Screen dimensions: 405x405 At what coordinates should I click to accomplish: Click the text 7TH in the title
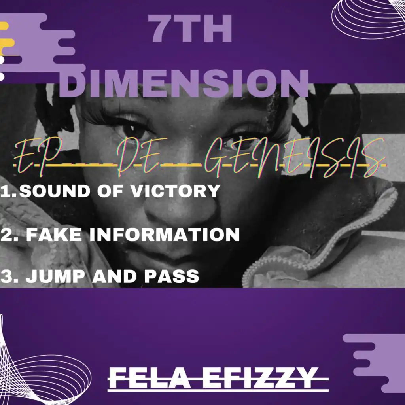tap(192, 28)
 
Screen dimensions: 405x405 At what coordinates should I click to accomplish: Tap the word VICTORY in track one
tap(174, 191)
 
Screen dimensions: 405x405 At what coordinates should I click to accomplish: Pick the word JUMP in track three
tap(55, 276)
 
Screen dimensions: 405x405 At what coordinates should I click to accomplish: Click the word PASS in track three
tap(172, 276)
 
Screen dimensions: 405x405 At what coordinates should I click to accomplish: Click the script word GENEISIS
tap(294, 159)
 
